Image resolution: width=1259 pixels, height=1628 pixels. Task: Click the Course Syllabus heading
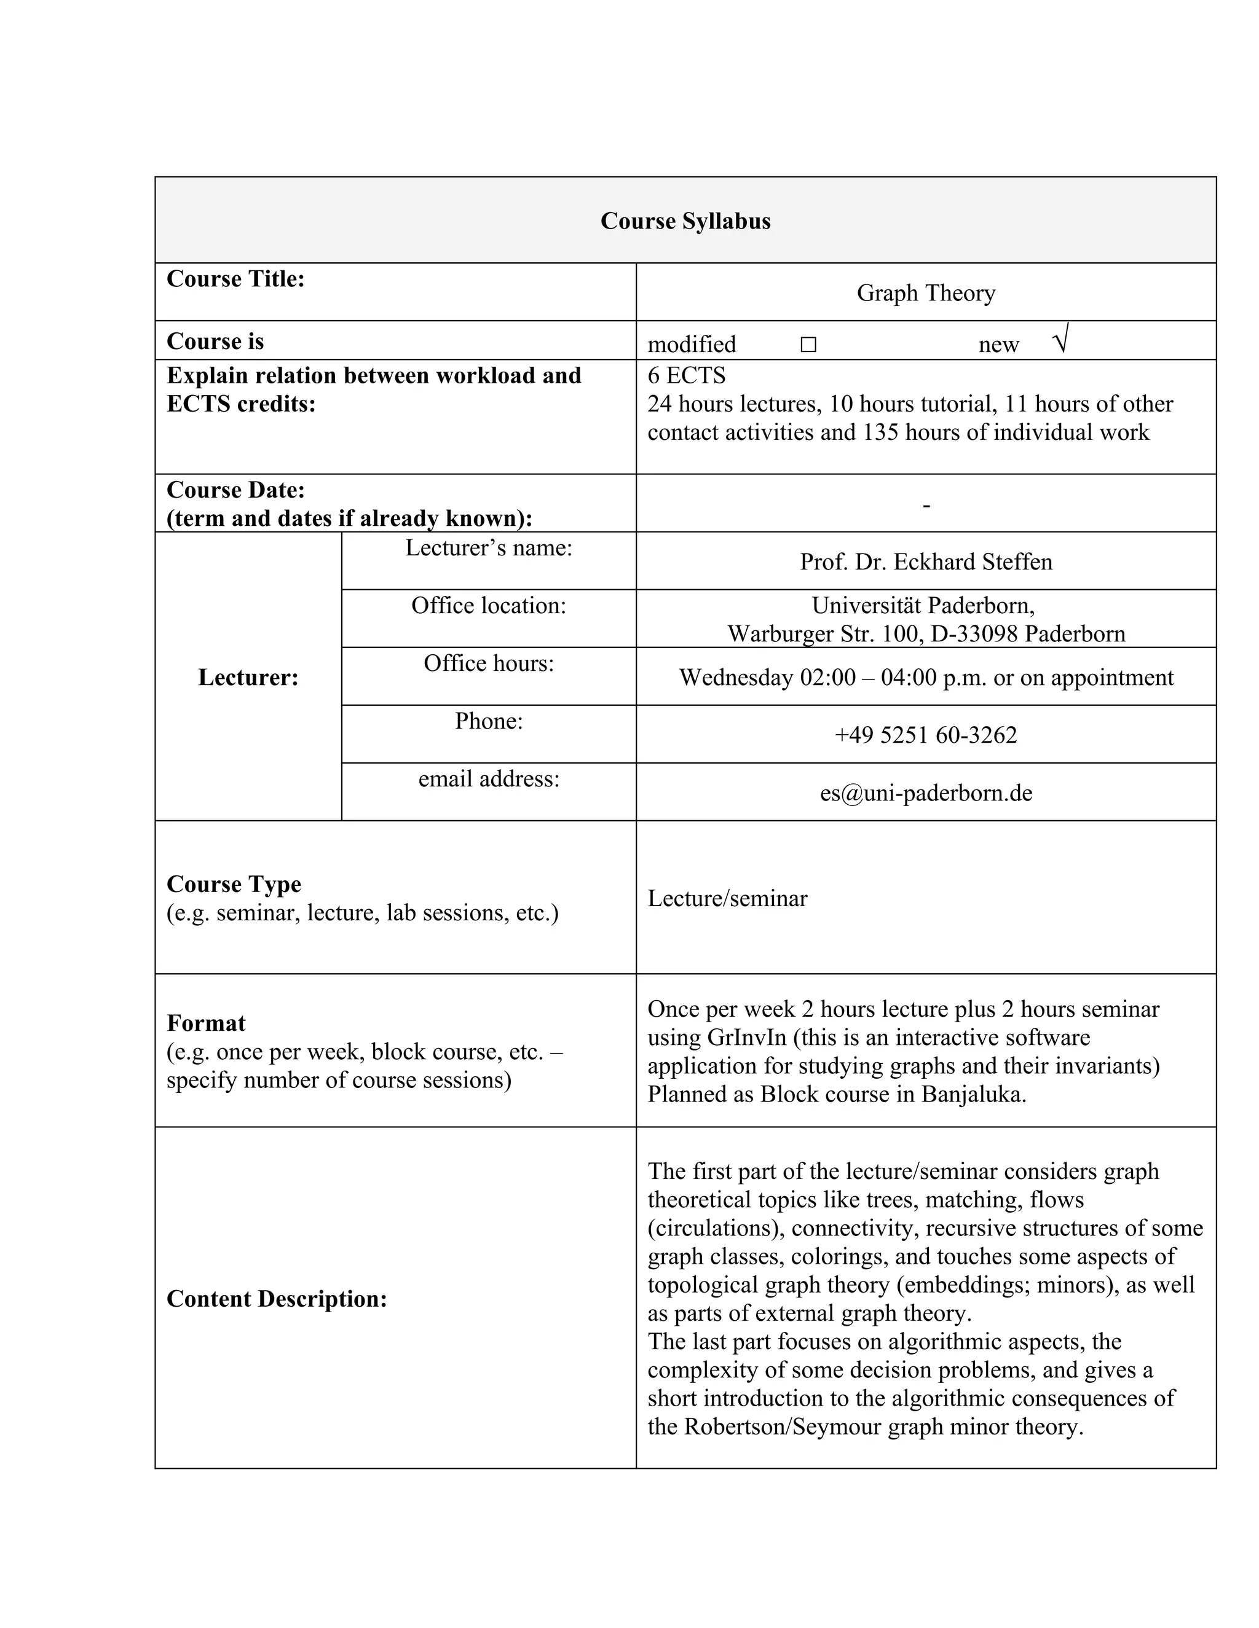[x=685, y=221]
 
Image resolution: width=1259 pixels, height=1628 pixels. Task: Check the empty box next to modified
[x=808, y=345]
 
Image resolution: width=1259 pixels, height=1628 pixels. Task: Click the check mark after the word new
[x=1060, y=340]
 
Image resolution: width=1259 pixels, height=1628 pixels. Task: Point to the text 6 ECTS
[x=686, y=375]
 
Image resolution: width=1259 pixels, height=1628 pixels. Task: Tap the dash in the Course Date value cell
[x=926, y=506]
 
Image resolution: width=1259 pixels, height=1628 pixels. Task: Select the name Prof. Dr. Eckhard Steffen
[x=926, y=562]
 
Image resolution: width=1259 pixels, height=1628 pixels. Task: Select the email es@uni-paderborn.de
[x=926, y=792]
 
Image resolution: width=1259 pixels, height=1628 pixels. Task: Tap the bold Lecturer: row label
[x=248, y=677]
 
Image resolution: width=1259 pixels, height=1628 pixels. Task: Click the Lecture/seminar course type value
[x=727, y=898]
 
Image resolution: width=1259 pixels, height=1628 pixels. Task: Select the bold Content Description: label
[x=277, y=1299]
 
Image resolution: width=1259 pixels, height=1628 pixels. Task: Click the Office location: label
[x=489, y=605]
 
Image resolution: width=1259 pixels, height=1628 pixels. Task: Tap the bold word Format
[x=206, y=1023]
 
